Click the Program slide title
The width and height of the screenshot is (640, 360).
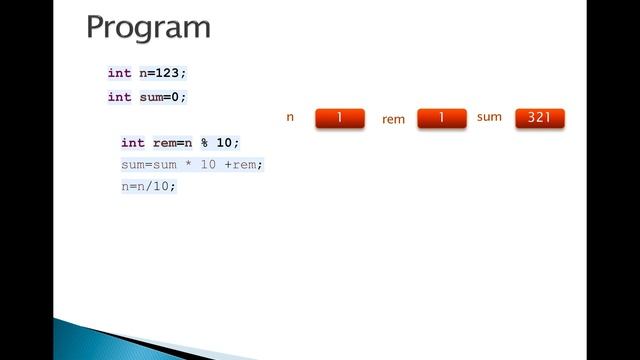point(148,27)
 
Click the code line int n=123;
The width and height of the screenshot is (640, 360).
point(147,73)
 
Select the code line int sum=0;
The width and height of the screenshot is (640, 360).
point(147,97)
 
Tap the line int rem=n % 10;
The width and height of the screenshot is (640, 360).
point(180,143)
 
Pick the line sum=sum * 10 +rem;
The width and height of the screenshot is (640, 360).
point(192,164)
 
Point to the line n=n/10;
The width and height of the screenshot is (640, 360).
point(148,186)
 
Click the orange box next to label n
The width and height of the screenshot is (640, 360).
point(339,118)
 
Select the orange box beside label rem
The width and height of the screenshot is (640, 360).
point(441,118)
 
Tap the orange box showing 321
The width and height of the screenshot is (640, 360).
point(539,118)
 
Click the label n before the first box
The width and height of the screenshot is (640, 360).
point(290,117)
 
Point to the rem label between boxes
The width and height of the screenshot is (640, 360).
point(393,119)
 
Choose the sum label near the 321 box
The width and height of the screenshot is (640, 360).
point(489,117)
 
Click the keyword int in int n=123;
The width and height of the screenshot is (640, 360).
point(119,73)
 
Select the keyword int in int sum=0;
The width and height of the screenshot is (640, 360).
point(119,97)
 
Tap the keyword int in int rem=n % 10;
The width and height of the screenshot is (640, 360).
point(133,143)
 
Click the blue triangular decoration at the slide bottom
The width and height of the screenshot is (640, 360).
point(120,339)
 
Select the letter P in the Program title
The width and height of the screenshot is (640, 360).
point(97,27)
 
